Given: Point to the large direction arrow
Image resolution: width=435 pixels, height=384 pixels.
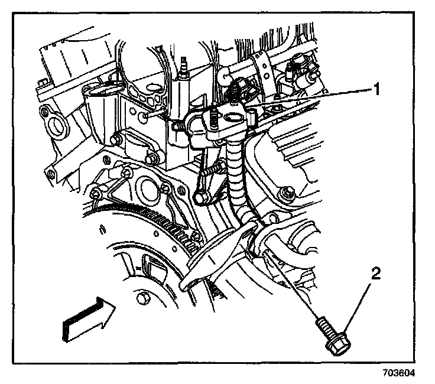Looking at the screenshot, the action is (85, 320).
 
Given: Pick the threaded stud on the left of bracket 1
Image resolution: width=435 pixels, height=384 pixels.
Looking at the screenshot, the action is (177, 126).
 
